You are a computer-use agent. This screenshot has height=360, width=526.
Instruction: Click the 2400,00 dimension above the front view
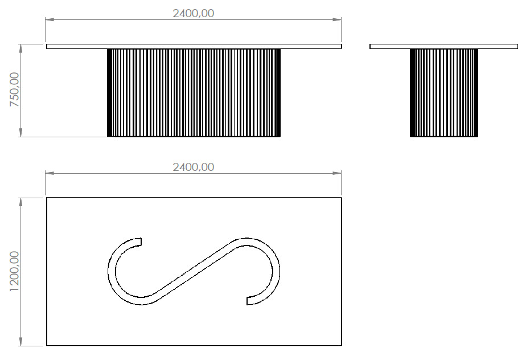click(193, 14)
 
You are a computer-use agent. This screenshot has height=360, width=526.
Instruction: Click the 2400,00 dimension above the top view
click(193, 167)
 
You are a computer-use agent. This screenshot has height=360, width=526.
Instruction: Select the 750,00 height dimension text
click(14, 89)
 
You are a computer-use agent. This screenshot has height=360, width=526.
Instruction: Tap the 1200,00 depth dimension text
click(14, 271)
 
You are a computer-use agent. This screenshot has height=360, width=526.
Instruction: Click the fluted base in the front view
click(194, 93)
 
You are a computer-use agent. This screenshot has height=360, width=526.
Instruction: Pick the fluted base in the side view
click(444, 93)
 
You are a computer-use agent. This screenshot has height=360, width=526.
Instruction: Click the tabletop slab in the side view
click(443, 46)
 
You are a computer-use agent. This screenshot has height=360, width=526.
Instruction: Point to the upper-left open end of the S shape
click(141, 242)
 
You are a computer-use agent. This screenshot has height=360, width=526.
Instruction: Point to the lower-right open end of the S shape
click(247, 301)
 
